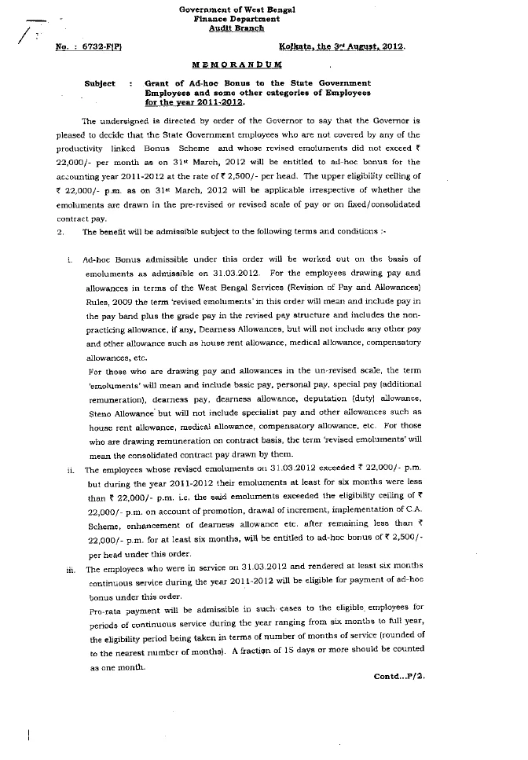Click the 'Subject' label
100,83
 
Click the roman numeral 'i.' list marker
70,259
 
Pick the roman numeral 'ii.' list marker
69,469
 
